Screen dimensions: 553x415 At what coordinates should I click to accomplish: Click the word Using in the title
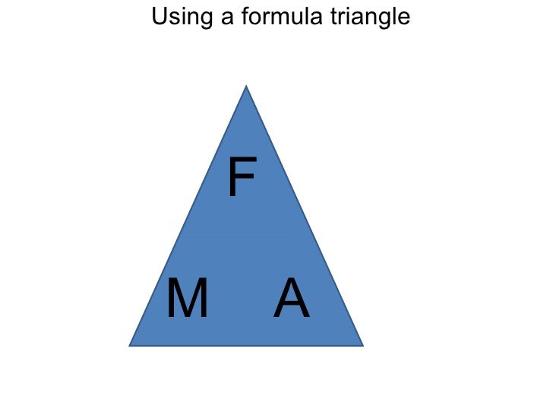tap(182, 17)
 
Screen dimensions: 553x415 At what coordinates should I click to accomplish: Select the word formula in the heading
tap(282, 16)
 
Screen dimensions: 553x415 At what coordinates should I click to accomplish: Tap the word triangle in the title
tap(371, 17)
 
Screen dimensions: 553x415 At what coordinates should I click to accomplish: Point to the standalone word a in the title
tap(227, 19)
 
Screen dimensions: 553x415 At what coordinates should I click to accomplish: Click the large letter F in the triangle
tap(242, 176)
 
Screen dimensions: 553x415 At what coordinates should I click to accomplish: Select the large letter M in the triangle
tap(188, 297)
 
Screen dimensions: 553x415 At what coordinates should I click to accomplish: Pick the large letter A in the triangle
tap(292, 297)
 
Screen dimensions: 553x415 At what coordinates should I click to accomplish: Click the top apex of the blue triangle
tap(246, 85)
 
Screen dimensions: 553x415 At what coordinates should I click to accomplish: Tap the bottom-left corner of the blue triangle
tap(129, 346)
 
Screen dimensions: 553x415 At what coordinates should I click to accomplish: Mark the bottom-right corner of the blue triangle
tap(363, 346)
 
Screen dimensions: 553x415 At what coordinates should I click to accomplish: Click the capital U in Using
tap(160, 16)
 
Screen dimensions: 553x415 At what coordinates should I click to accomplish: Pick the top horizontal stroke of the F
tap(243, 160)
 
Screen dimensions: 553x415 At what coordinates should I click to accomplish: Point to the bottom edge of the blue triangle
tap(246, 346)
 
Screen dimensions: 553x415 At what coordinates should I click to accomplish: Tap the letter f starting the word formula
tap(246, 16)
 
